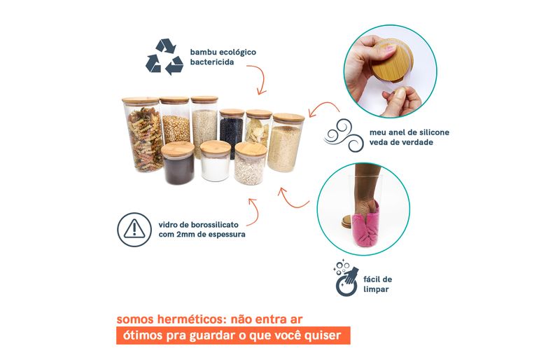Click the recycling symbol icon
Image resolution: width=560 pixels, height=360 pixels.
pyautogui.click(x=164, y=57)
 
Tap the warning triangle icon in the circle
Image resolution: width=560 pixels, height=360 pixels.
pyautogui.click(x=134, y=229)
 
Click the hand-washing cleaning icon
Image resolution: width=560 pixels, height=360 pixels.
pyautogui.click(x=346, y=278)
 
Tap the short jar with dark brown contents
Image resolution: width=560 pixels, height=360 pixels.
pyautogui.click(x=178, y=162)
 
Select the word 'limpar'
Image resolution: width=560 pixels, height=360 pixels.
pyautogui.click(x=376, y=289)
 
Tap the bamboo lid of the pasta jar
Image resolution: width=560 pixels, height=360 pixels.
pyautogui.click(x=141, y=100)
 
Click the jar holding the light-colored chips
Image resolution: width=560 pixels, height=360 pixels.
pyautogui.click(x=258, y=129)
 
